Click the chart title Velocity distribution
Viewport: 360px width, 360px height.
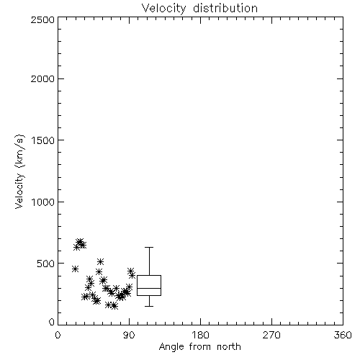[199, 8]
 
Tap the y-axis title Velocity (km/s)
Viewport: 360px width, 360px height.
[19, 171]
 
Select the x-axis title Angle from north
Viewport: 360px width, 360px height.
[199, 347]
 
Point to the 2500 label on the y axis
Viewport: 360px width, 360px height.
[42, 19]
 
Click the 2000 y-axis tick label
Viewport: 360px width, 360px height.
[42, 79]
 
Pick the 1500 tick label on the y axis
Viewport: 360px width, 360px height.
[43, 140]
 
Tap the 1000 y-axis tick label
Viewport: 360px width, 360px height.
[43, 202]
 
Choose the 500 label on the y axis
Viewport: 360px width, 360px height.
[46, 264]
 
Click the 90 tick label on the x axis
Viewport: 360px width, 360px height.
[129, 335]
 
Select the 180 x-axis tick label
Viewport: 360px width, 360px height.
[200, 335]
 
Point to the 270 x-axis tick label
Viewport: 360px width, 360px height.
[271, 335]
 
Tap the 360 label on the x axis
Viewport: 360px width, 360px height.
[343, 335]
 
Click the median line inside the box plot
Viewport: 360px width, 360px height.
[149, 288]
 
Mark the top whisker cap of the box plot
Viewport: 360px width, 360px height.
[149, 247]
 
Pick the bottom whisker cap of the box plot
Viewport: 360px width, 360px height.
[149, 306]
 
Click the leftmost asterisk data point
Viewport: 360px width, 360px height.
[75, 269]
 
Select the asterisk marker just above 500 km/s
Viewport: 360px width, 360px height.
[100, 261]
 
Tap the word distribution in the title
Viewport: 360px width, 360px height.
[225, 8]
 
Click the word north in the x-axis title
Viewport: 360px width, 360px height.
[229, 347]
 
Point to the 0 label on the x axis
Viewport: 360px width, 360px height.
[58, 335]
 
